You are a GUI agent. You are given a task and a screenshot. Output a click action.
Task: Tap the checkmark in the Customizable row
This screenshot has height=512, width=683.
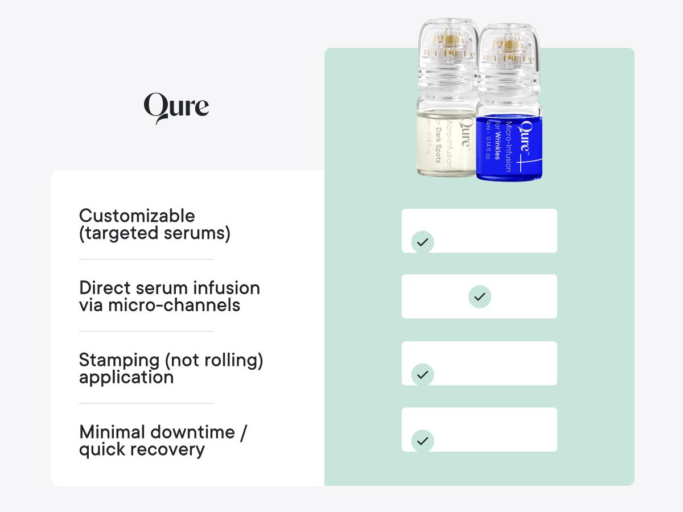pos(422,242)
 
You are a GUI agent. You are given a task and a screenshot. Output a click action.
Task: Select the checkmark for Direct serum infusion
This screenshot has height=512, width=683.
pos(480,296)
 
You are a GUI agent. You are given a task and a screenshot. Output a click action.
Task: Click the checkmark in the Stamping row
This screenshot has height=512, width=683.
pos(422,374)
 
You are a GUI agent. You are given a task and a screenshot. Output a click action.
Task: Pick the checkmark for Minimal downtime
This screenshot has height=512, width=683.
pos(422,441)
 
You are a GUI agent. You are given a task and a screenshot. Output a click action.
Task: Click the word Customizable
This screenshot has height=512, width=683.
pos(137,216)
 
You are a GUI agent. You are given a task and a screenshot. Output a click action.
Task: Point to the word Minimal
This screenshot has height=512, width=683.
pos(108,432)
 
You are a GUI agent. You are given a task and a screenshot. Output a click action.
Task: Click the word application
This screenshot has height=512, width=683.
pos(126,377)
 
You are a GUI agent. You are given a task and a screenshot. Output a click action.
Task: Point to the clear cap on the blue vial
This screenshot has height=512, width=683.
pos(508,57)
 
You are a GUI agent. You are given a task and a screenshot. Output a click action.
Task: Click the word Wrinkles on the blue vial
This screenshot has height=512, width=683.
pos(496,145)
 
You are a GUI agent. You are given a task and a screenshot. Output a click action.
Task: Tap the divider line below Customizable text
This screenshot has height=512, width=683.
pos(146,259)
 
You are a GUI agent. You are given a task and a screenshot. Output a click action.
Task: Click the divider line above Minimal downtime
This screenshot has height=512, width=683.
pos(146,403)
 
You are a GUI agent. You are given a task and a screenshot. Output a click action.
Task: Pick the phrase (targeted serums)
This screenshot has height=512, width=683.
pos(155,233)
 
